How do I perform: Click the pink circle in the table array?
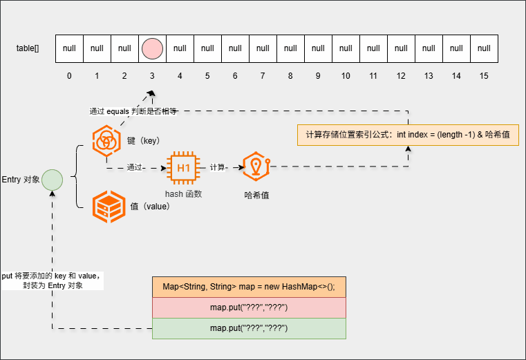pos(152,48)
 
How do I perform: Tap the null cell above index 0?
pos(69,48)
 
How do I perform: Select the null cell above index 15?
pos(484,48)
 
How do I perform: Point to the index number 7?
pos(263,75)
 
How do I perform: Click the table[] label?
pos(28,48)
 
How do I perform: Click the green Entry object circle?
pos(52,180)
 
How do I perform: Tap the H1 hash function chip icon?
pos(183,167)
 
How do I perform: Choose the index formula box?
pos(408,134)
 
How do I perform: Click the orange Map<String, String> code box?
pos(249,287)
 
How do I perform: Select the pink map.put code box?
pos(249,307)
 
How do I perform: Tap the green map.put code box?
pos(249,328)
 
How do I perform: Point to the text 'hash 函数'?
pos(183,194)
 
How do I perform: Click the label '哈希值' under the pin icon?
pos(257,196)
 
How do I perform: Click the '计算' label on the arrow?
pos(218,167)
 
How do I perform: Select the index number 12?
pos(401,75)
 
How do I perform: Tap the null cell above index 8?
pos(290,48)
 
